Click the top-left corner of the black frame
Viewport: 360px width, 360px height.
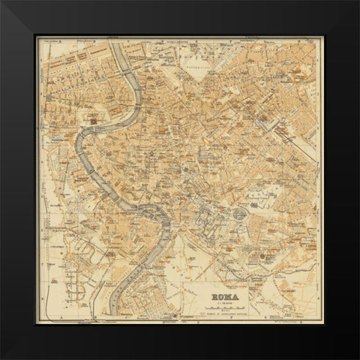pos(2,2)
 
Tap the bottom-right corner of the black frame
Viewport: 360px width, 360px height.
pos(357,357)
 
